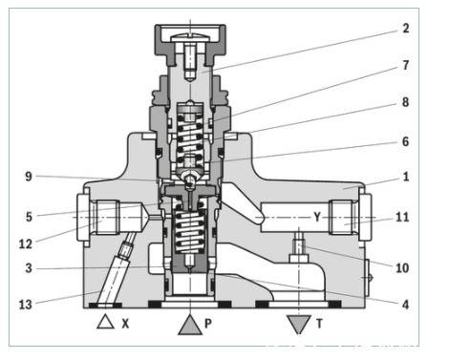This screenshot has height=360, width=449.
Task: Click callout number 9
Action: click(x=28, y=175)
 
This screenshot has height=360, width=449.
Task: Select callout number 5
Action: click(x=28, y=216)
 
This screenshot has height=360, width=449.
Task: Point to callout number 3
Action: click(x=28, y=268)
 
